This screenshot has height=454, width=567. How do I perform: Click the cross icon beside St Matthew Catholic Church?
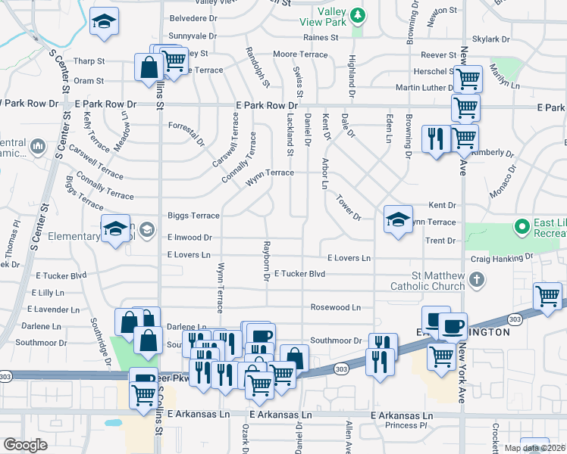click(477, 281)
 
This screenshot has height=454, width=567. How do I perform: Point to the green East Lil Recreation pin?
click(522, 225)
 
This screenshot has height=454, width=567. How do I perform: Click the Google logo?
click(25, 445)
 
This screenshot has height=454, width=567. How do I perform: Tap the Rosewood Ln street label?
click(336, 308)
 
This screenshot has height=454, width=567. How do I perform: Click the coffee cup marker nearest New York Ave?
click(453, 327)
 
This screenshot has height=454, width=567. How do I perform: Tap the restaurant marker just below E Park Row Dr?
click(435, 141)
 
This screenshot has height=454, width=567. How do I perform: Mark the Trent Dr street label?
click(440, 241)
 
